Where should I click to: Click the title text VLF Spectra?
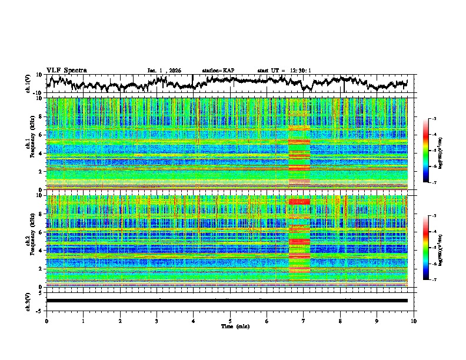[66, 70]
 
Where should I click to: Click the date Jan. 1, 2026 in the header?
[164, 71]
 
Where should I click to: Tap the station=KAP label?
[218, 71]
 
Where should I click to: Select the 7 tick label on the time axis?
[304, 321]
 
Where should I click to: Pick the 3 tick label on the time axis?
[157, 321]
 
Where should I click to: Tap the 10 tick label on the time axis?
[414, 321]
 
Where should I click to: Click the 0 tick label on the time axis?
[46, 321]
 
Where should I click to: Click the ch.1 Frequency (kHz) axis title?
[31, 144]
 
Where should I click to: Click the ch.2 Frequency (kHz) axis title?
[31, 241]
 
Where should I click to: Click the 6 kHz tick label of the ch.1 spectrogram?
[40, 135]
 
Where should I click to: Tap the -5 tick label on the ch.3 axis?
[38, 310]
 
